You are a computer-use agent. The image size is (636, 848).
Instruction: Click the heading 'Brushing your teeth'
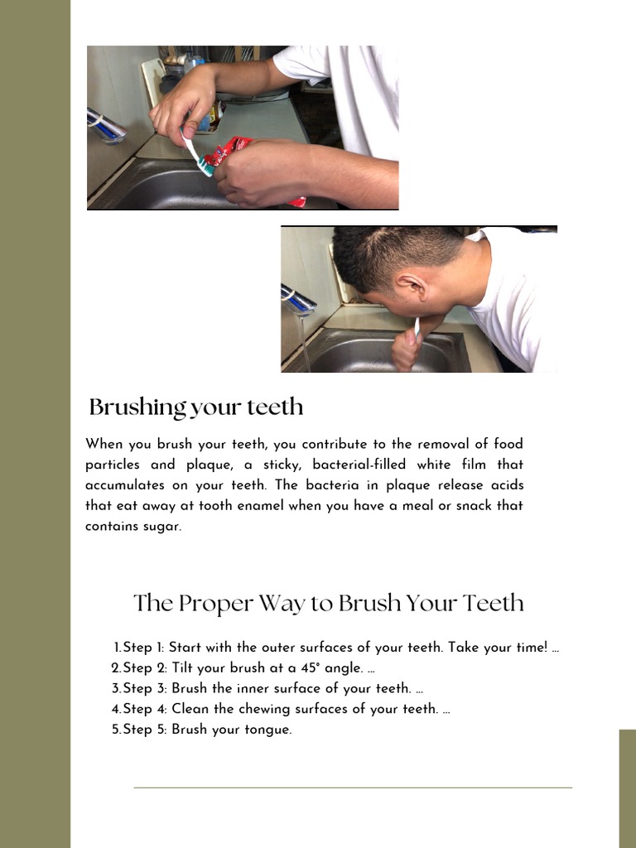(196, 407)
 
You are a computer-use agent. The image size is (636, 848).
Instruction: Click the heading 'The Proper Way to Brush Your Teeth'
(329, 603)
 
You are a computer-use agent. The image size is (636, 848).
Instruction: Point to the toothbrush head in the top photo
(205, 167)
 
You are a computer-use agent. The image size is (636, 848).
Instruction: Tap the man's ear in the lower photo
(410, 287)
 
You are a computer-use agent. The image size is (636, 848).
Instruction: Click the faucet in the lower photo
(298, 300)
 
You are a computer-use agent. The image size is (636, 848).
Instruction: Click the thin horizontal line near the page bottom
(353, 788)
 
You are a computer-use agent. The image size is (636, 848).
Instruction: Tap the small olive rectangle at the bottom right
(627, 788)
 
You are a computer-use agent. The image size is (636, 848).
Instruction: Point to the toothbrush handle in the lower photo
(417, 326)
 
